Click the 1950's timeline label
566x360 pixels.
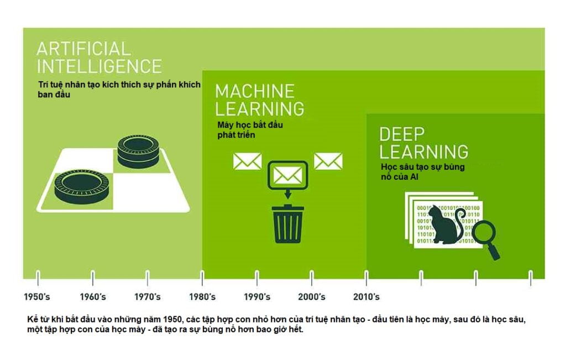pyautogui.click(x=37, y=297)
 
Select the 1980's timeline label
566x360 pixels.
pyautogui.click(x=202, y=297)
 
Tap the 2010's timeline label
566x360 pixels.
pyautogui.click(x=366, y=297)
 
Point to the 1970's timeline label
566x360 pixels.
pyautogui.click(x=147, y=297)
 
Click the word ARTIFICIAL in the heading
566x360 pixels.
pyautogui.click(x=83, y=49)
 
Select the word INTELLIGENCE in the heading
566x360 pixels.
pyautogui.click(x=99, y=66)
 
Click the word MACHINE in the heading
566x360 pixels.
pyautogui.click(x=254, y=91)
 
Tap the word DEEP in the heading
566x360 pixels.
pyautogui.click(x=402, y=133)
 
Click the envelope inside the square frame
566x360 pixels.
pyautogui.click(x=287, y=175)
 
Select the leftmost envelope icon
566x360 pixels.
pyautogui.click(x=247, y=161)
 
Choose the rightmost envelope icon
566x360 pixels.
pyautogui.click(x=328, y=161)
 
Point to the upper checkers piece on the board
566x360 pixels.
pyautogui.click(x=138, y=150)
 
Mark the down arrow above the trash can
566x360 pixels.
pyautogui.click(x=287, y=194)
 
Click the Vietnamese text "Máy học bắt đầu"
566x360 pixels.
pyautogui.click(x=250, y=125)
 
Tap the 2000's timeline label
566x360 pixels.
pyautogui.click(x=311, y=297)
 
